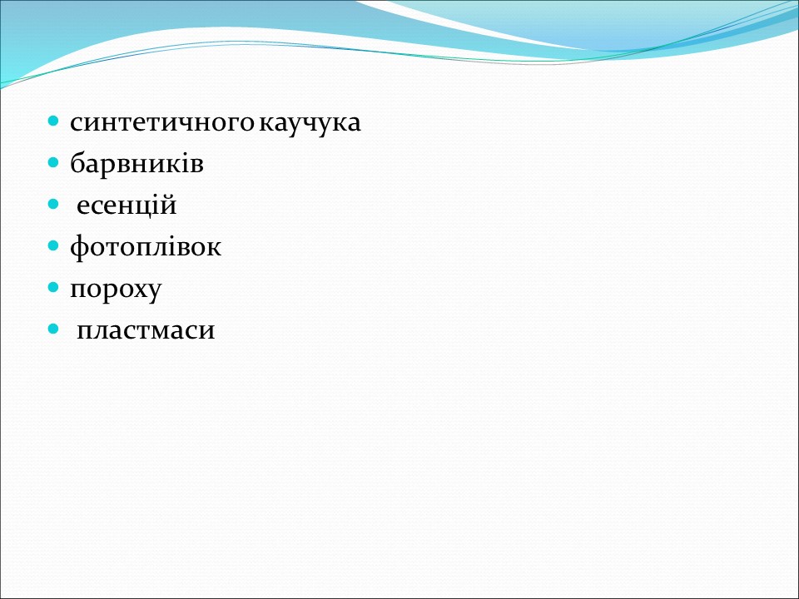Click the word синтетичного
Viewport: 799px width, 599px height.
click(163, 123)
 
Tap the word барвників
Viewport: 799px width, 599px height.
click(136, 164)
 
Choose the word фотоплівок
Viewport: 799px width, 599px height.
click(146, 247)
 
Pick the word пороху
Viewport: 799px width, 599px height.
click(116, 290)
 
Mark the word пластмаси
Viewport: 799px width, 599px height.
click(146, 331)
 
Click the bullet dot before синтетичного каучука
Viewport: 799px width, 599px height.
click(53, 121)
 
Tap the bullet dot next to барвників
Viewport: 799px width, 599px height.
click(53, 163)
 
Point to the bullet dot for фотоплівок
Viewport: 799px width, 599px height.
click(53, 246)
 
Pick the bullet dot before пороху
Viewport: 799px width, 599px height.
click(53, 288)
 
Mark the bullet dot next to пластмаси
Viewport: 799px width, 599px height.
click(53, 329)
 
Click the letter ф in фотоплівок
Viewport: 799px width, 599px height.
click(78, 247)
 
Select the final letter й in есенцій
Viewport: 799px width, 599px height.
click(170, 205)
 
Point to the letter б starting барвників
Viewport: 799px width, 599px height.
click(77, 163)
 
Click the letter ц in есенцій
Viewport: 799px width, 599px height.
click(142, 206)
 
